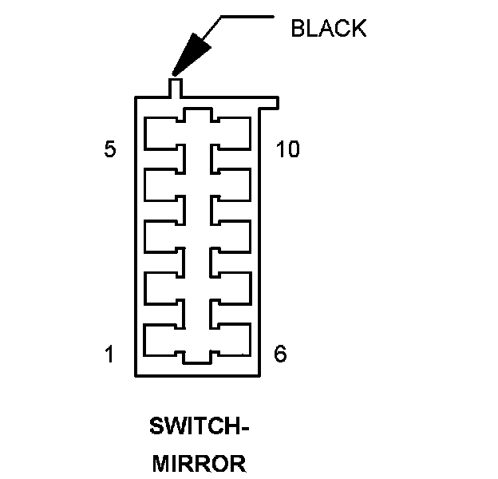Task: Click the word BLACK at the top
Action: (x=328, y=29)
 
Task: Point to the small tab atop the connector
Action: (x=176, y=86)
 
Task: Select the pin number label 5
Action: (x=111, y=149)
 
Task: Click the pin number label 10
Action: (x=287, y=149)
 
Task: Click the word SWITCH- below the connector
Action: (x=200, y=427)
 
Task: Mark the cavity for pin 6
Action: (x=233, y=339)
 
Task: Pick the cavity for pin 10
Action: (x=233, y=133)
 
